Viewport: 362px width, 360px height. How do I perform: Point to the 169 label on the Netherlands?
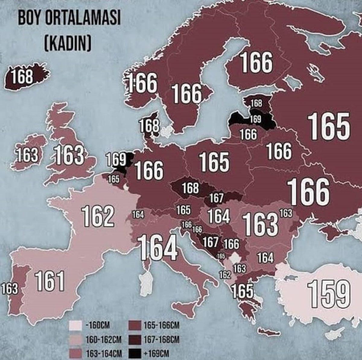116,160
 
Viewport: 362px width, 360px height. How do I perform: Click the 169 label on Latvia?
255,119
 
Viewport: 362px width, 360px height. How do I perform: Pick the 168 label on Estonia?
256,103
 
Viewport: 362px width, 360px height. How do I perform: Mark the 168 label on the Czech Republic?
190,188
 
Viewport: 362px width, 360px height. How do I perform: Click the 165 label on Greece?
242,291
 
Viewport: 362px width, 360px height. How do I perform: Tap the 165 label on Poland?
214,161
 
